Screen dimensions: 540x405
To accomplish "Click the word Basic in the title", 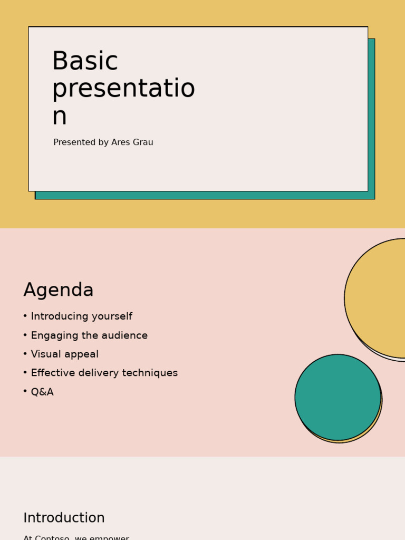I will (84, 62).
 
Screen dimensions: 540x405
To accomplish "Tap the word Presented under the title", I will (74, 142).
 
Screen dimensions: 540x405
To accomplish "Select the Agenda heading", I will (59, 290).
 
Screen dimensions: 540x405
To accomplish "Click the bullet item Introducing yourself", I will (81, 316).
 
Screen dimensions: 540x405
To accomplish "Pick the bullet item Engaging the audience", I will (89, 335).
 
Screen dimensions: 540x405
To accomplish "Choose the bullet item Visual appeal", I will (64, 354).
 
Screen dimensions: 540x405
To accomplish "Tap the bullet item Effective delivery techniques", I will (104, 373).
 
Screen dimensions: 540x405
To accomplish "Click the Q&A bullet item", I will (42, 392).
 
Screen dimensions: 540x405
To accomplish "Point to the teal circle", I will (337, 397).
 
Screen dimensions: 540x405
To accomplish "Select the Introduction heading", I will (64, 518).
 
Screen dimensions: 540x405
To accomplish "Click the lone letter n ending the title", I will (59, 117).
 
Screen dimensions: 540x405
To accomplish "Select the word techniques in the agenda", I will (153, 373).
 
